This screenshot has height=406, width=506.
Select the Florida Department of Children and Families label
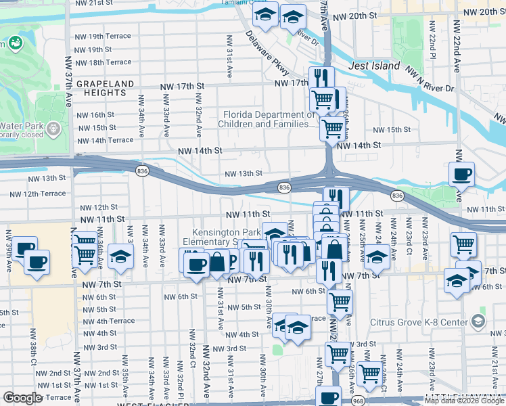pyautogui.click(x=269, y=119)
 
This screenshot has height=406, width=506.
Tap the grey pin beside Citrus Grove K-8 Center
pyautogui.click(x=479, y=319)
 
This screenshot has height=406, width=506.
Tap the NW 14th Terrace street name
pyautogui.click(x=105, y=140)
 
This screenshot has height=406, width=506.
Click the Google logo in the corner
pyautogui.click(x=23, y=399)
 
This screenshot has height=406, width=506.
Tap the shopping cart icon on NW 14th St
pyautogui.click(x=331, y=127)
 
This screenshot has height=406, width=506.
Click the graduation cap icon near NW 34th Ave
pyautogui.click(x=120, y=256)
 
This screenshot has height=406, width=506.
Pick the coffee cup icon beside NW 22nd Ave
pyautogui.click(x=461, y=174)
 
